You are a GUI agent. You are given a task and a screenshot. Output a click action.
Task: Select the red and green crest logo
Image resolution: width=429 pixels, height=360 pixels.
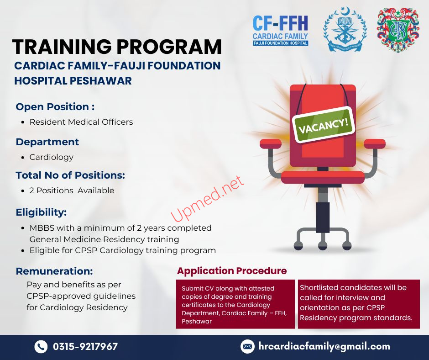[398, 30]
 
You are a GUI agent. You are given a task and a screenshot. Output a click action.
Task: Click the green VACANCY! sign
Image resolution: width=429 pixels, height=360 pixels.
[324, 125]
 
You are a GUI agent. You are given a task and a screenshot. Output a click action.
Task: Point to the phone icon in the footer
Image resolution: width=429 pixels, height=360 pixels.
[41, 347]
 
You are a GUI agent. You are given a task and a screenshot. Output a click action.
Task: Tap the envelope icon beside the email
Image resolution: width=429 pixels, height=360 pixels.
[247, 347]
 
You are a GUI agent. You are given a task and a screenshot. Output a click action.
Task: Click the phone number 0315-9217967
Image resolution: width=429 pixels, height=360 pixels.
[85, 347]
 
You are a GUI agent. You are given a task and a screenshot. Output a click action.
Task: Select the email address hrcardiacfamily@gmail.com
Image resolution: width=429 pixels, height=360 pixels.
[324, 347]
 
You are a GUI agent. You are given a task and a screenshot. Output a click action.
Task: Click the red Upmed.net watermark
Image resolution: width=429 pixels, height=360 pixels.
[207, 198]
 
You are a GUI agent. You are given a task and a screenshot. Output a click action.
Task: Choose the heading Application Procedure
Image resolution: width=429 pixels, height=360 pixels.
[232, 270]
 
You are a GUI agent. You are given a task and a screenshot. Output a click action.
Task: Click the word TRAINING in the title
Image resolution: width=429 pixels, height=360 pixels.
[62, 47]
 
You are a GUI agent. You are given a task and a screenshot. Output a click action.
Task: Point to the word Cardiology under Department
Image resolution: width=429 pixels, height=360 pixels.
[52, 157]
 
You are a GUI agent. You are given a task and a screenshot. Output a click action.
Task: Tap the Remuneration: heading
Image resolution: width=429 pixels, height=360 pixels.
[54, 271]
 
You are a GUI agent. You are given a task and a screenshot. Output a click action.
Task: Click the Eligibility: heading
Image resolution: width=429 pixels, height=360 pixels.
[42, 212]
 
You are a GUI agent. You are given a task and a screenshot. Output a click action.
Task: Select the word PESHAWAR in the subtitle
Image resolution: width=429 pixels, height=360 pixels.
[100, 81]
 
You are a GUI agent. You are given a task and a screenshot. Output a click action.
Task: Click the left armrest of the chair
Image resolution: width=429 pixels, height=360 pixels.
[271, 143]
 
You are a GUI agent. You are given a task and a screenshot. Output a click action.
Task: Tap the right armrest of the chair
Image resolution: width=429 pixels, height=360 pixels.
[375, 144]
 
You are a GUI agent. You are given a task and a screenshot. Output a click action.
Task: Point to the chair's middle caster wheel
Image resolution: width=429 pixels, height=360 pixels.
[323, 246]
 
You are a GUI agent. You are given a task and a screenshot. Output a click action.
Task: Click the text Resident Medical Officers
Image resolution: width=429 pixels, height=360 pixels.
[81, 122]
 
